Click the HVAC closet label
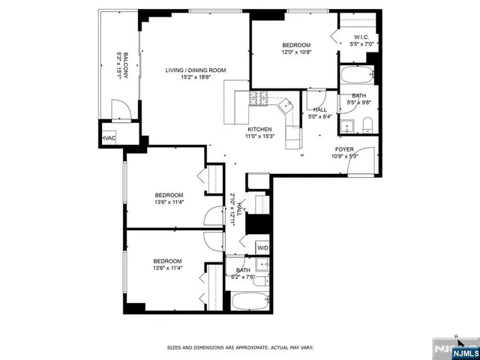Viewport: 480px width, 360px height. (x=109, y=138)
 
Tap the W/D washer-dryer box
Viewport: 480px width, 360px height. (x=262, y=247)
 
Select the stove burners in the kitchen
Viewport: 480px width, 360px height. (x=259, y=97)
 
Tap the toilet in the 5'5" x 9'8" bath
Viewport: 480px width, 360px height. (x=346, y=125)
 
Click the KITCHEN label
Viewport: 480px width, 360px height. (x=259, y=129)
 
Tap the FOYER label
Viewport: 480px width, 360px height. (x=344, y=149)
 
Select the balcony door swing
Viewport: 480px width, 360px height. (x=121, y=110)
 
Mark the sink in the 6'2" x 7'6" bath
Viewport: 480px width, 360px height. (x=263, y=265)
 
